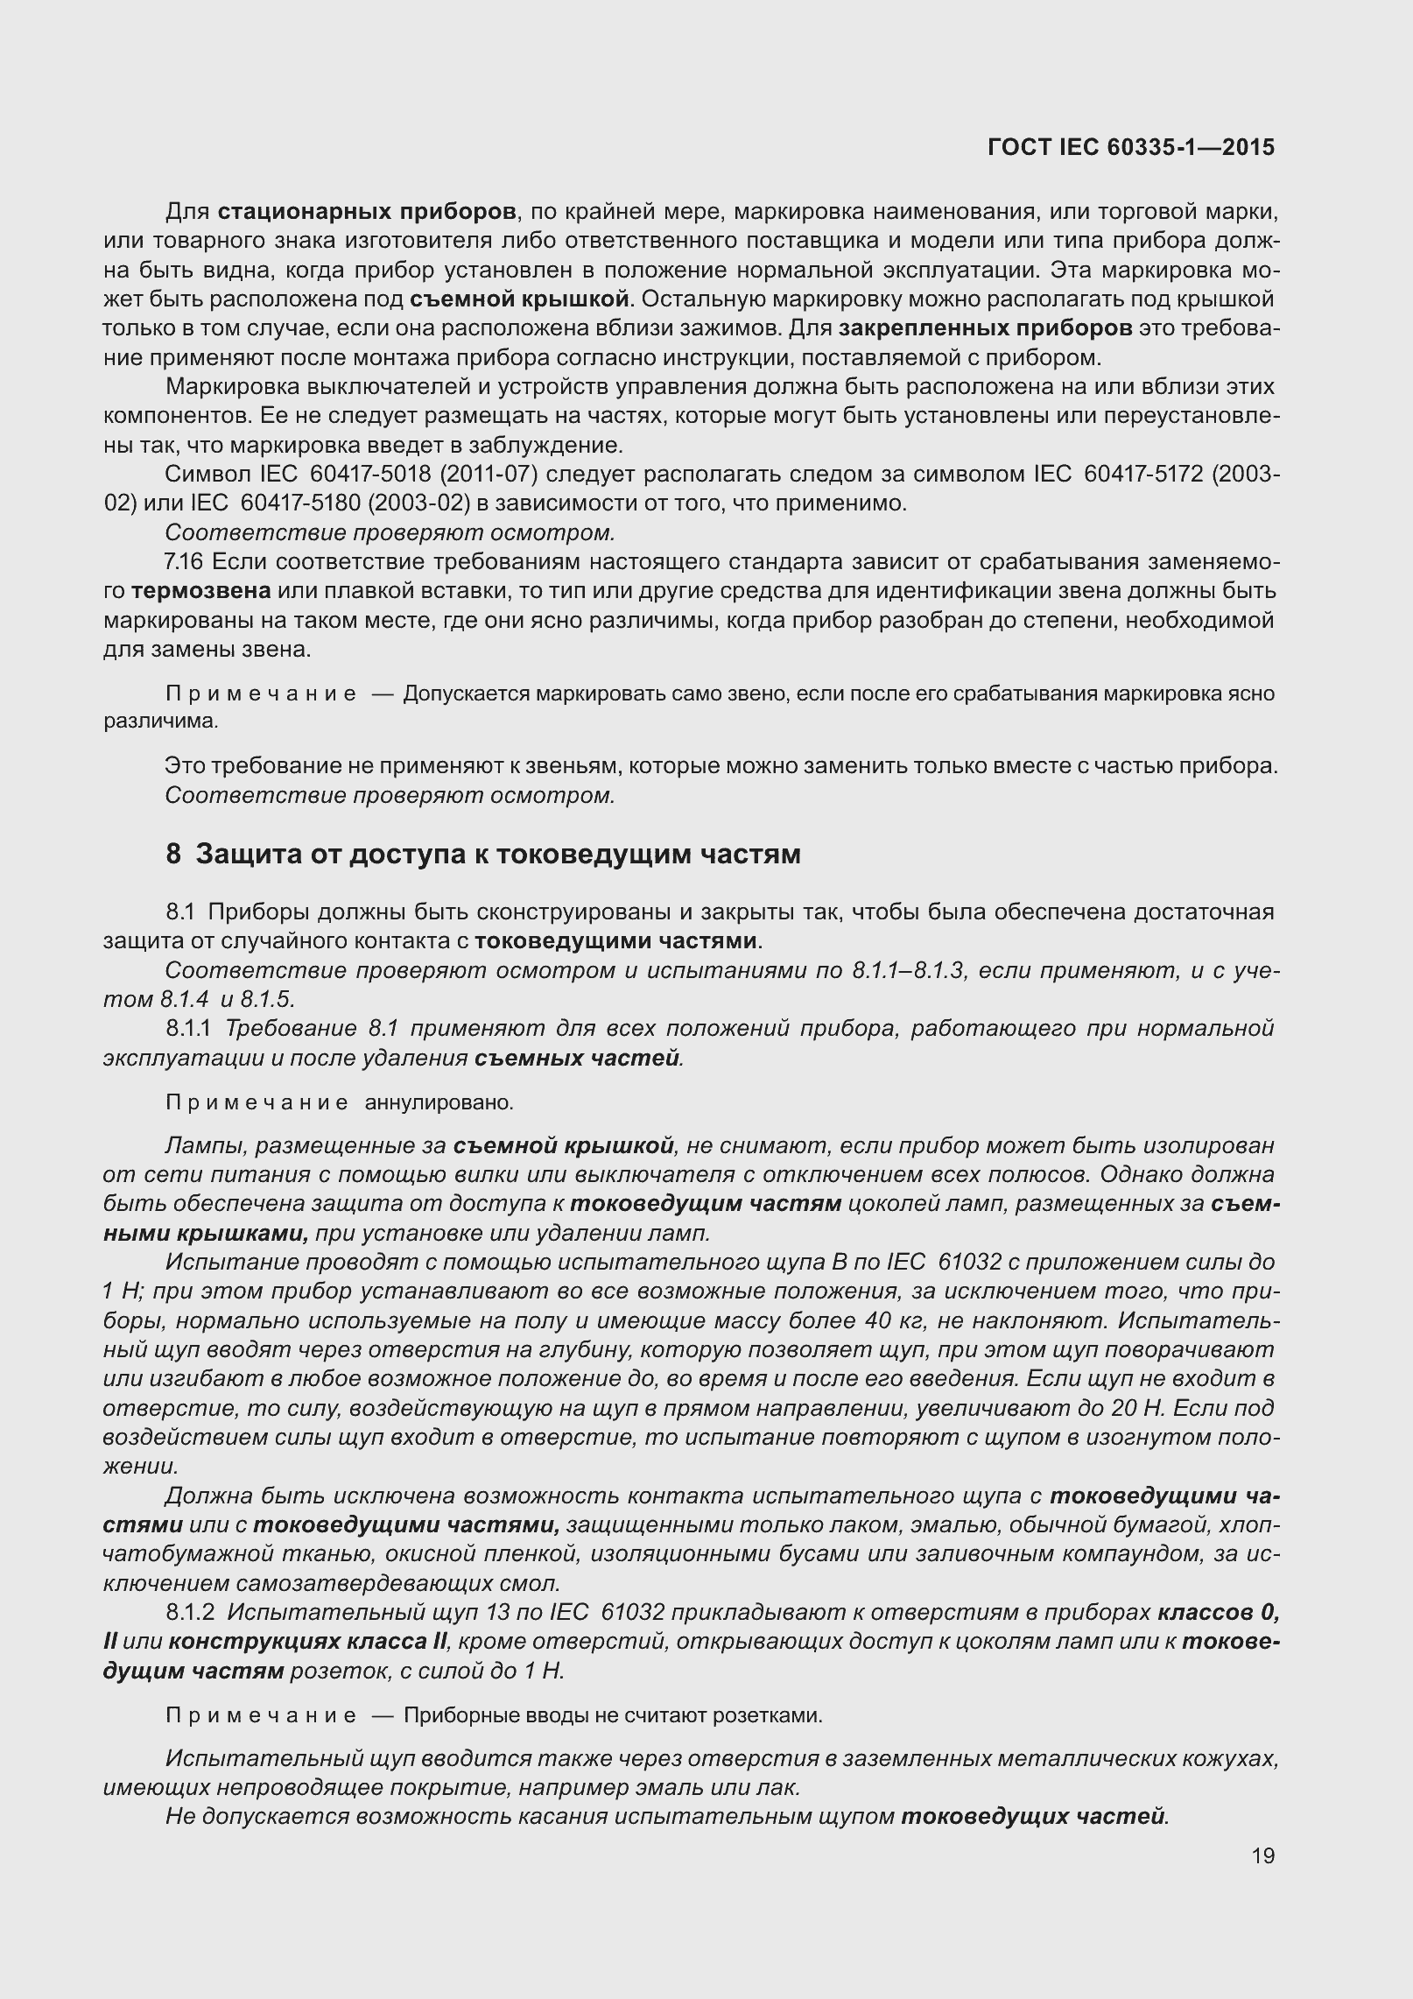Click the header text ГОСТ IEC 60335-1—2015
click(1131, 147)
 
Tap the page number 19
click(1262, 1880)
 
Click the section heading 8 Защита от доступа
click(483, 854)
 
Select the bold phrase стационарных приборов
click(367, 212)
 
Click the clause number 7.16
click(183, 562)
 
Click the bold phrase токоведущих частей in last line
click(1033, 1817)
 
